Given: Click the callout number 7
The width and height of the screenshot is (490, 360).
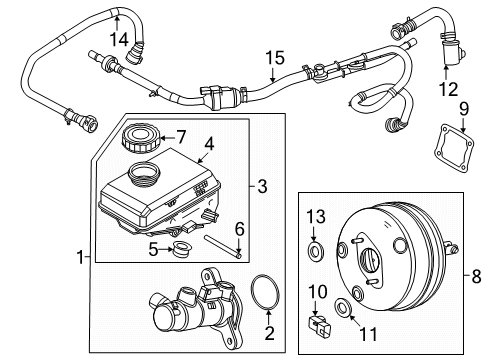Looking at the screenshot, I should [x=181, y=135].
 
